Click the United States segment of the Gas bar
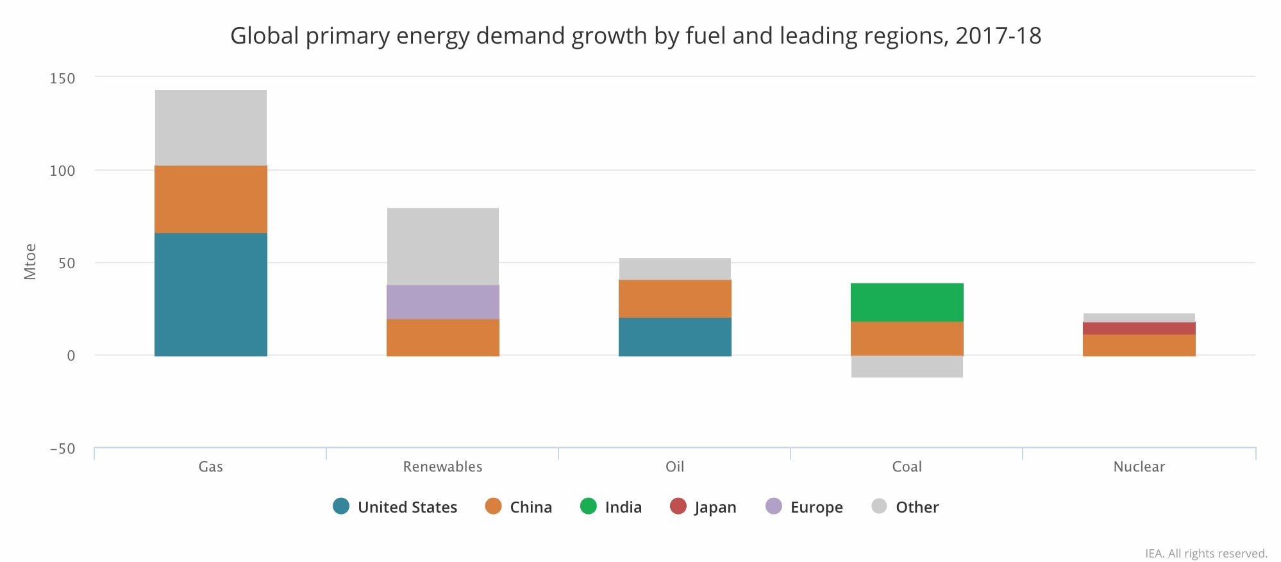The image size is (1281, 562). [x=210, y=294]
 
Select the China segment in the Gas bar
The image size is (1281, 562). [x=210, y=199]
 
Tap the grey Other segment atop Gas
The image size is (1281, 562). [x=210, y=127]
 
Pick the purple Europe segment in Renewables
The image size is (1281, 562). [x=442, y=302]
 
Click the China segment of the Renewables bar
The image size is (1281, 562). [x=442, y=337]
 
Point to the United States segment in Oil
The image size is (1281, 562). [x=674, y=337]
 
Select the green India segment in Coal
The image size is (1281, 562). [x=907, y=302]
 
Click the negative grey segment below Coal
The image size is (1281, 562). [x=907, y=366]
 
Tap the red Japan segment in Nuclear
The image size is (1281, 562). [x=1139, y=328]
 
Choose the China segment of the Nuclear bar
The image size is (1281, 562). [x=1139, y=345]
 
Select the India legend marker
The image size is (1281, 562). [x=588, y=506]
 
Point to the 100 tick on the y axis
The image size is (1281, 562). [x=62, y=171]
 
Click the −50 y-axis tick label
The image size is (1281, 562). [x=62, y=448]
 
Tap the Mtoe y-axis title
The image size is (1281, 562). [x=29, y=262]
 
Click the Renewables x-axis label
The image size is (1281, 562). [x=442, y=466]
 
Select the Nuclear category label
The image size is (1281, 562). [x=1139, y=466]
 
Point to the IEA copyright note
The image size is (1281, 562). [x=1205, y=553]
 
